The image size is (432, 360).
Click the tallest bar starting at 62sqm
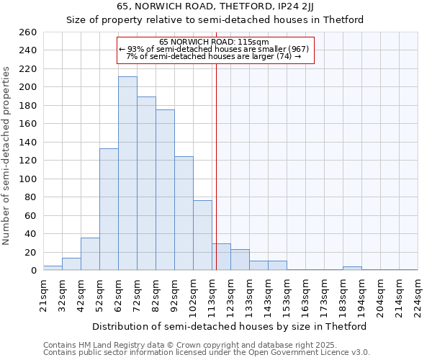[x=127, y=174]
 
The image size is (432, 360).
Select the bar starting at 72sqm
[x=146, y=184]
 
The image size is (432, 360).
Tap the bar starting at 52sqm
[x=109, y=210]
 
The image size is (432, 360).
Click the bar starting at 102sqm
[x=202, y=235]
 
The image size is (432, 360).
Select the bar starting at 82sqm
[x=165, y=190]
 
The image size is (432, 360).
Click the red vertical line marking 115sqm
[x=216, y=166]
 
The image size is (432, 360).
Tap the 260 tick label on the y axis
[x=28, y=32]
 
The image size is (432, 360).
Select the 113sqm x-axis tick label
[x=212, y=294]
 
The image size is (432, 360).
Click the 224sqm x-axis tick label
[x=418, y=294]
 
